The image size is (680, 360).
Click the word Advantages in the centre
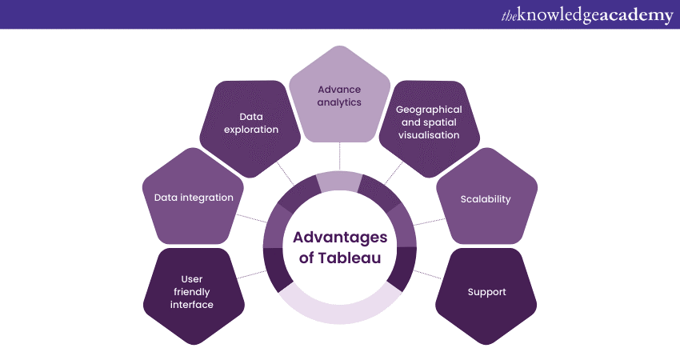click(x=339, y=238)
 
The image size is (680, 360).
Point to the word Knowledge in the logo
click(x=558, y=16)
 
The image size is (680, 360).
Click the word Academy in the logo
click(x=633, y=16)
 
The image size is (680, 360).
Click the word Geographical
click(x=430, y=109)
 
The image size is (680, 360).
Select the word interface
click(x=192, y=305)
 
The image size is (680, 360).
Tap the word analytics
click(x=339, y=102)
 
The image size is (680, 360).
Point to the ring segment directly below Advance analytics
click(x=339, y=182)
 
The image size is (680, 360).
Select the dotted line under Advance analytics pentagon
click(x=339, y=157)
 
